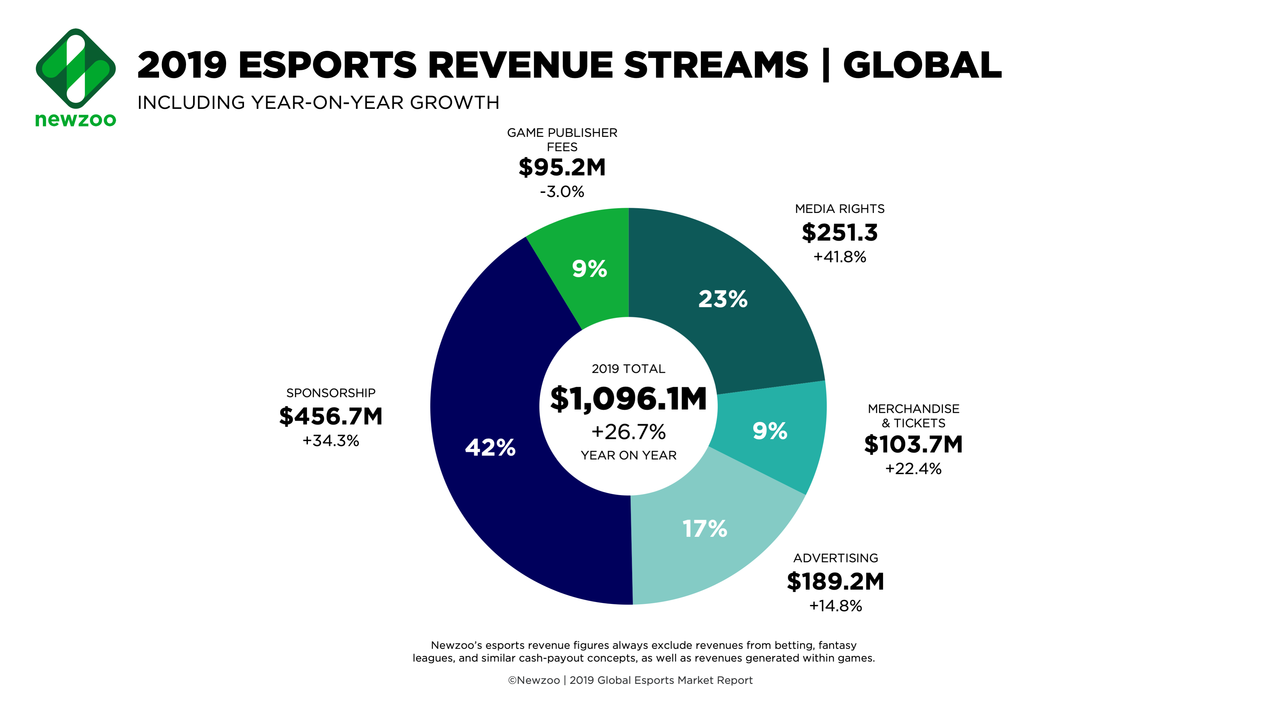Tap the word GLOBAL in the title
pos(922,65)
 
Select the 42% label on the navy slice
pos(490,448)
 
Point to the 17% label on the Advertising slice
pos(705,529)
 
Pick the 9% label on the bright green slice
pos(589,269)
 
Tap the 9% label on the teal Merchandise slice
pos(770,431)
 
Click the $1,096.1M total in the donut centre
pos(628,399)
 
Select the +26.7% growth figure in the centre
pos(628,432)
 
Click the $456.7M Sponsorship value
pos(331,416)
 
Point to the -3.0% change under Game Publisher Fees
pos(562,192)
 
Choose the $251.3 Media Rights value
pos(839,233)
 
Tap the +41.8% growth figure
pos(839,257)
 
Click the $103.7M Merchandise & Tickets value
pos(913,444)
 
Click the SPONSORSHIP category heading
pos(331,393)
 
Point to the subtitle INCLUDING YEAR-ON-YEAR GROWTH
pos(318,103)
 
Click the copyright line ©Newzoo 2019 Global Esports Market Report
pos(630,680)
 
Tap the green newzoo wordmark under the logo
pos(76,120)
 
